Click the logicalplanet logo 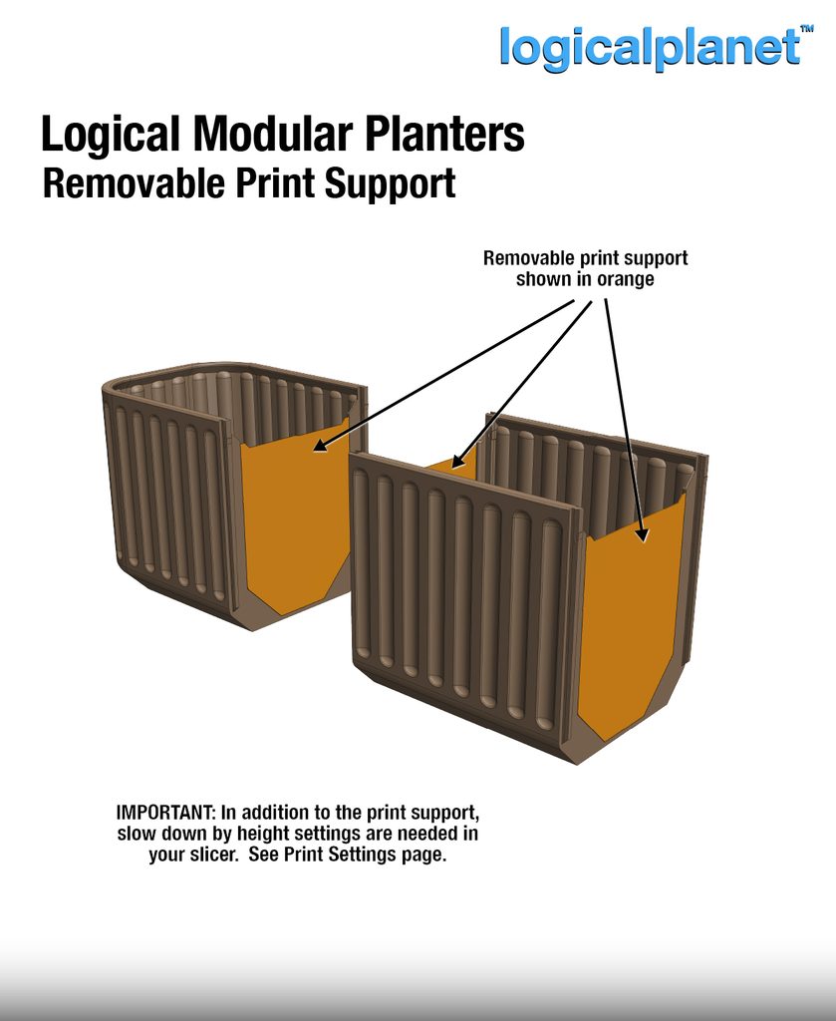tap(650, 48)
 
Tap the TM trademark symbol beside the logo tap(806, 29)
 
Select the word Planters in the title tap(444, 135)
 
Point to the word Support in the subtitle tap(390, 184)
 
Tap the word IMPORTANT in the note tap(165, 813)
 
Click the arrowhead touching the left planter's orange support tap(320, 445)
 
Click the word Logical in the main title tap(110, 135)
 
